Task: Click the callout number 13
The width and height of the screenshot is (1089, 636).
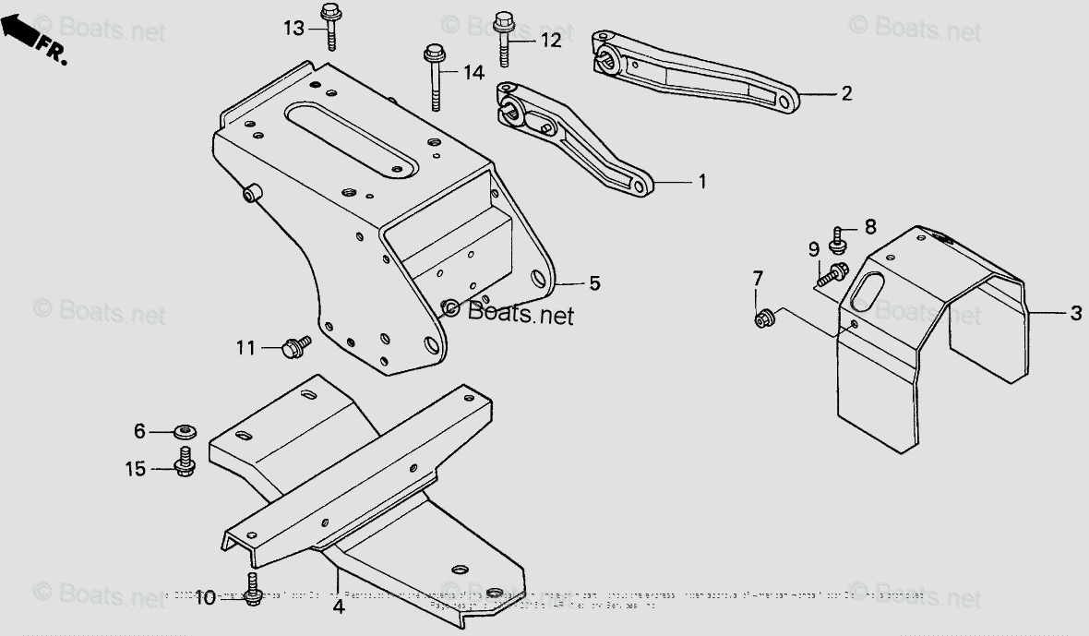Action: pos(293,29)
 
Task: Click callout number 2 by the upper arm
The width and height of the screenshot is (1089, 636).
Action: pos(846,93)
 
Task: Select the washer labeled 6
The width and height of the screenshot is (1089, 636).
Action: pos(185,431)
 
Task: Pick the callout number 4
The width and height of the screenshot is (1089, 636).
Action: pos(339,608)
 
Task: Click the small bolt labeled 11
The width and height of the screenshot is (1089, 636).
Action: pos(295,346)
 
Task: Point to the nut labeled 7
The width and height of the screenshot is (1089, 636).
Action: pos(763,319)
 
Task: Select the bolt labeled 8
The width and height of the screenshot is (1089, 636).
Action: pos(839,240)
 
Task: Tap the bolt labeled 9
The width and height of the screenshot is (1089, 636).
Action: pos(835,272)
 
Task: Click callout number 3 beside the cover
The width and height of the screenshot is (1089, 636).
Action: pos(1075,314)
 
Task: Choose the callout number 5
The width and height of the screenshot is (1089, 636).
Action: pos(594,283)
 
